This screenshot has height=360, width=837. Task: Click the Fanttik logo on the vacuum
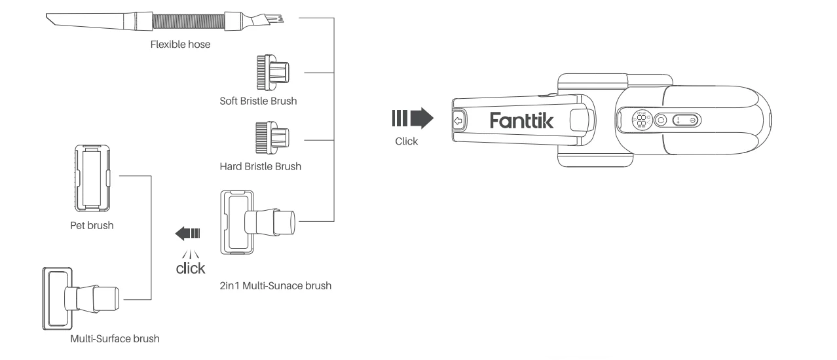tap(521, 120)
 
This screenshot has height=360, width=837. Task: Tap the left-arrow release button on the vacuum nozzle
tap(458, 120)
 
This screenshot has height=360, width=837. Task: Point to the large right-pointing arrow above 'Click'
tap(412, 118)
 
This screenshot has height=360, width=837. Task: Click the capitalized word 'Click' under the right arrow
tap(406, 141)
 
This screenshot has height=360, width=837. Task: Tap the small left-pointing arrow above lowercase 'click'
tap(190, 232)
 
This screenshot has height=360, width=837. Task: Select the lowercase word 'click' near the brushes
tap(190, 268)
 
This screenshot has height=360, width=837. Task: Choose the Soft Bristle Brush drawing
tap(274, 71)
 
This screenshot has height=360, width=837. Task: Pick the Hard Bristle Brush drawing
tap(274, 136)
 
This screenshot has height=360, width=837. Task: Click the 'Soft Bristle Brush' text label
tap(259, 102)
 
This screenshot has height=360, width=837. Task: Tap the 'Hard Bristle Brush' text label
tap(260, 166)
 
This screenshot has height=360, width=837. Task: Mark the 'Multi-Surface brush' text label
tap(115, 339)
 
